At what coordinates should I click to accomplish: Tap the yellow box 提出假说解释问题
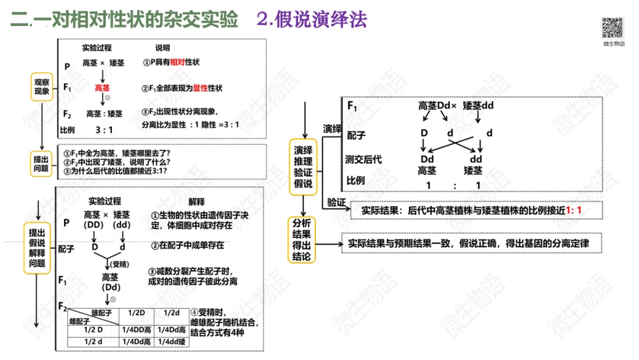(37, 247)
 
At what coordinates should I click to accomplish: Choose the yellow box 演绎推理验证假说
(303, 165)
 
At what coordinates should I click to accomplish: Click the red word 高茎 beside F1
(102, 88)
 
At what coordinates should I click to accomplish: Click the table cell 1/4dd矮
(172, 342)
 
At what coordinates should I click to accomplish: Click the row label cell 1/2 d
(93, 342)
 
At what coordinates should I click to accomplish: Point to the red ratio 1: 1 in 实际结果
(573, 210)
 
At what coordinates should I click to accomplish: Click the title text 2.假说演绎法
(312, 20)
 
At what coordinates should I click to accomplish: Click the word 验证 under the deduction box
(335, 202)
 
